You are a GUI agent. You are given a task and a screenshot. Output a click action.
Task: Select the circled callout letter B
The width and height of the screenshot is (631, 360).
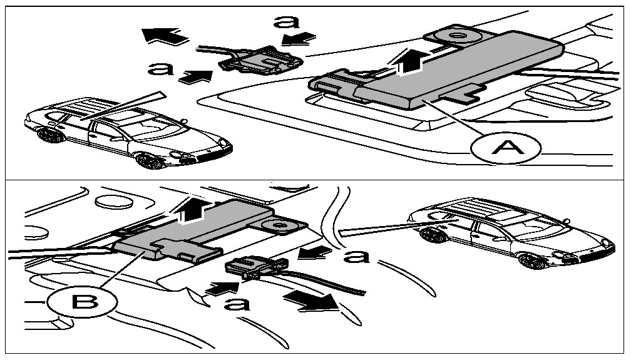tap(81, 304)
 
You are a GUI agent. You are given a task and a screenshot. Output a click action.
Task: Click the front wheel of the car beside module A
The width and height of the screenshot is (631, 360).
tap(148, 160)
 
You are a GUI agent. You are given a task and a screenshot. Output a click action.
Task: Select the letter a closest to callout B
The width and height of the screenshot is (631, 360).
tap(238, 304)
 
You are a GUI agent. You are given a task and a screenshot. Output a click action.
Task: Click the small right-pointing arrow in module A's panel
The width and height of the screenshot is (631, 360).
tap(196, 76)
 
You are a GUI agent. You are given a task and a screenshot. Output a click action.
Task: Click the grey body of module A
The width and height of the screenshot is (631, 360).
tap(463, 66)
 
